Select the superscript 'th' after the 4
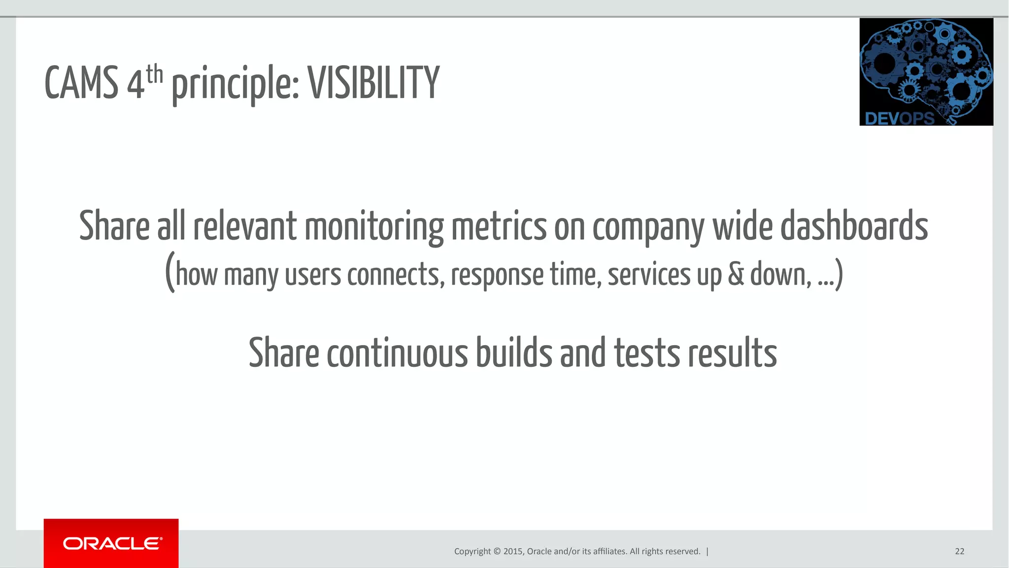point(154,74)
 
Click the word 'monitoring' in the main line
point(373,227)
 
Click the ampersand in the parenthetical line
point(736,275)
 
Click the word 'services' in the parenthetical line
point(649,275)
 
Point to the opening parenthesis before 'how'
point(170,272)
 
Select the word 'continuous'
point(397,353)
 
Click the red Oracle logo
point(111,543)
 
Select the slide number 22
point(959,551)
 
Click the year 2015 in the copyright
point(513,551)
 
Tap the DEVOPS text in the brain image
point(899,118)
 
